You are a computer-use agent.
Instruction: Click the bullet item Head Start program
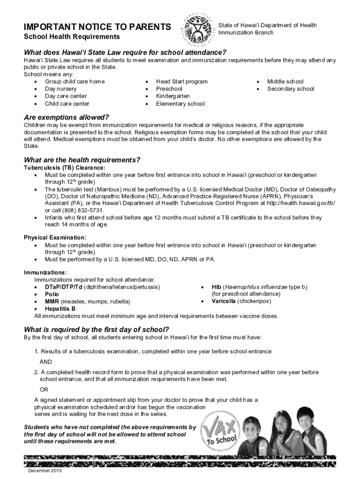pos(181,81)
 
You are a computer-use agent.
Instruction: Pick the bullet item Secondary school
pos(290,89)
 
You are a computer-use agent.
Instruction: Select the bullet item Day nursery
pos(61,89)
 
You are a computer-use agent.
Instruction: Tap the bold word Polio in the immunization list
pos(52,294)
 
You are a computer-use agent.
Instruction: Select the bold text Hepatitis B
pos(60,309)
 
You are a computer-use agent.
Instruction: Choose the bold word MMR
pos(52,302)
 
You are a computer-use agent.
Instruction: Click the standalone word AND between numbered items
pos(45,362)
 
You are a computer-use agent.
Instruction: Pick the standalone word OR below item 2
pos(43,389)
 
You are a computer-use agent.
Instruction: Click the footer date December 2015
pos(45,471)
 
